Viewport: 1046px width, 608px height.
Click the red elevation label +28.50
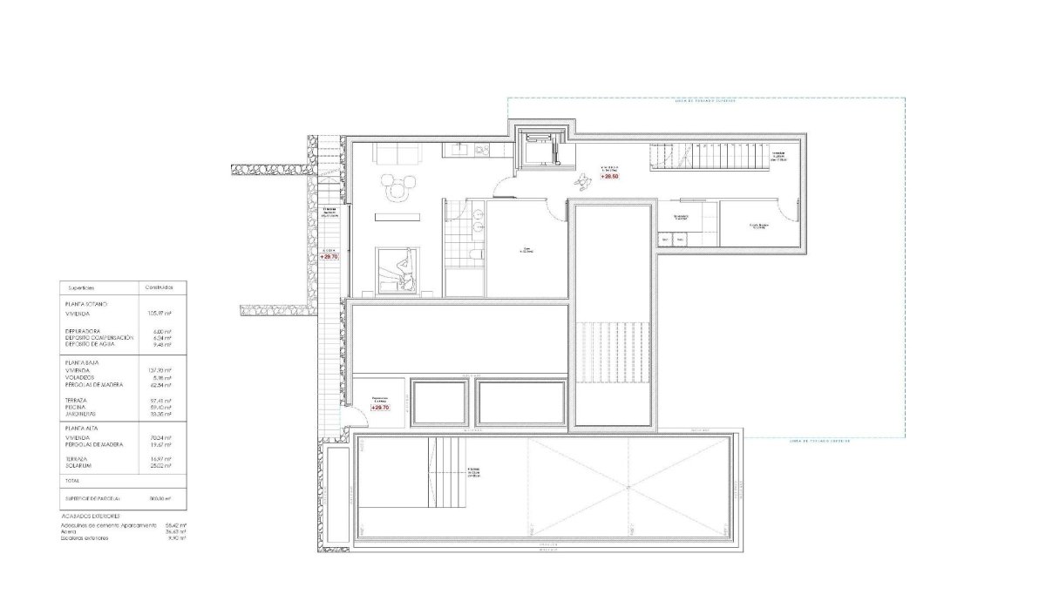tap(610, 177)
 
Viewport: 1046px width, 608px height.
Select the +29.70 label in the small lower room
tap(379, 407)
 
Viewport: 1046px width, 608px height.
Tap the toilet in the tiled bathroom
tap(472, 253)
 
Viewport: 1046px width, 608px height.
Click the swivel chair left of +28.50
tap(582, 180)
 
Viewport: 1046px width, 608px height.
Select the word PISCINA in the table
tap(78, 406)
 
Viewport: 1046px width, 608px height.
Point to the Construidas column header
tap(160, 287)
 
